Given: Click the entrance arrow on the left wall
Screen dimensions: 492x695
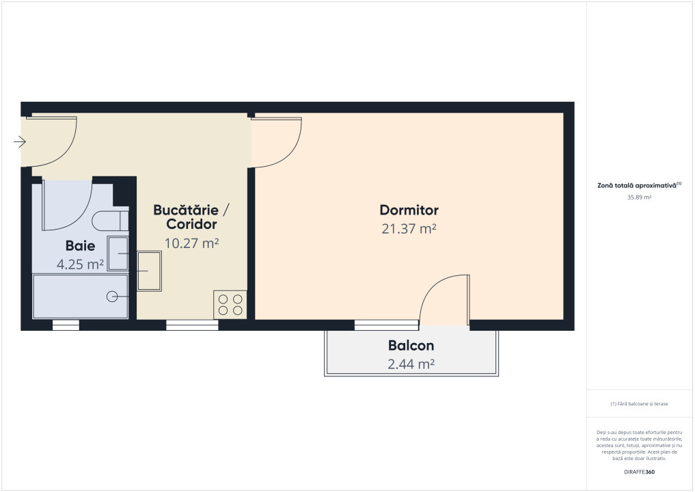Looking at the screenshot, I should pos(20,142).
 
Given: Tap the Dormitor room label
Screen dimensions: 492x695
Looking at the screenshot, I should pos(409,210).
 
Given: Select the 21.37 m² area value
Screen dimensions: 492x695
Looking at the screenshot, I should pos(409,229).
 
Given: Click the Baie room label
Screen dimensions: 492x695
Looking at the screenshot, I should pos(80,246).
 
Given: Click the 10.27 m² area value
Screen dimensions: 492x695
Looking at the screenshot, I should pos(191,242).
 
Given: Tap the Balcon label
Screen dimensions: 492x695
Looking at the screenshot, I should pos(411,346).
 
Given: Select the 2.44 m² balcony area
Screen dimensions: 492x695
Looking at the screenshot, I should pos(411,364).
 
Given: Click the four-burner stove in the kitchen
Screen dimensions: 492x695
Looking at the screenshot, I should pos(230,304).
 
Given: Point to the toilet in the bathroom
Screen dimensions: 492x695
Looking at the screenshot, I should pos(110,221).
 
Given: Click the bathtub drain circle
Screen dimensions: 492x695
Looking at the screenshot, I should pos(113,296).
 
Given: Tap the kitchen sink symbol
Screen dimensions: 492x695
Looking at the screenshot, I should pos(150,271).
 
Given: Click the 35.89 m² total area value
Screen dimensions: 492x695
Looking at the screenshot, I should pos(639,197).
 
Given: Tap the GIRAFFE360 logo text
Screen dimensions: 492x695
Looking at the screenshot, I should pos(639,471).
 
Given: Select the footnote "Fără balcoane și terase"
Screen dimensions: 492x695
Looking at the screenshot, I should pos(639,404).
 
